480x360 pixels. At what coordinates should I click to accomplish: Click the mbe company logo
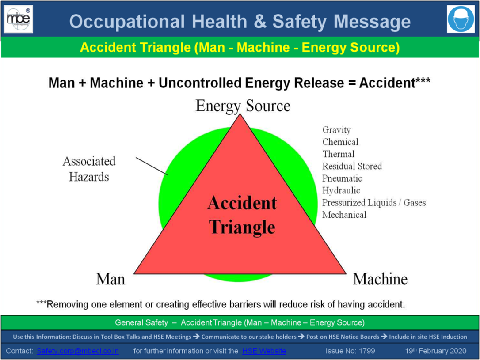coord(19,19)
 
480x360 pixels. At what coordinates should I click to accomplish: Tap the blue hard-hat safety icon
coord(461,19)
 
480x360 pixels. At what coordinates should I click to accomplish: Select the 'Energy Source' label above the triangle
coord(243,106)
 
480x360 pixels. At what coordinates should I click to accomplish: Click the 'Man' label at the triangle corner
coord(110,279)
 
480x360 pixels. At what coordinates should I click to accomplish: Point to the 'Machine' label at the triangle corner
coord(380,279)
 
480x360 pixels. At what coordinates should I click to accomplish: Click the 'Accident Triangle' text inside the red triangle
coord(242,215)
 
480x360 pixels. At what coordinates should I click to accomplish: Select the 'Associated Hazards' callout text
coord(89,169)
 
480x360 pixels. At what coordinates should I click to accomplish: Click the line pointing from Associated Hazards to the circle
coord(152,166)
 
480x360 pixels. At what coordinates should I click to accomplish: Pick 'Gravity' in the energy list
coord(336,130)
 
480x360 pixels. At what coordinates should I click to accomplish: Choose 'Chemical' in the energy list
coord(340,142)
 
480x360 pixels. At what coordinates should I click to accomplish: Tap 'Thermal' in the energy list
coord(338,154)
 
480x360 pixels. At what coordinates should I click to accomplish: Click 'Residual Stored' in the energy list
coord(352,166)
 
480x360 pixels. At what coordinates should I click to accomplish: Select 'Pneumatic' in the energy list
coord(342,178)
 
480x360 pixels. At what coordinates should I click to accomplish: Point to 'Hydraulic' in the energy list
coord(341,190)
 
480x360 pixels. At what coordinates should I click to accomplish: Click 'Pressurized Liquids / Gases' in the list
coord(374,202)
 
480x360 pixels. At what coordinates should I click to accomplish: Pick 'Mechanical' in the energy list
coord(344,215)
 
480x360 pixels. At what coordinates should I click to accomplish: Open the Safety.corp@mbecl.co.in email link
coord(78,351)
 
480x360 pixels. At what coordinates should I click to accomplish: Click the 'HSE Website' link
coord(264,351)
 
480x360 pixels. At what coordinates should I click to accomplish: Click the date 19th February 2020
coord(436,351)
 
